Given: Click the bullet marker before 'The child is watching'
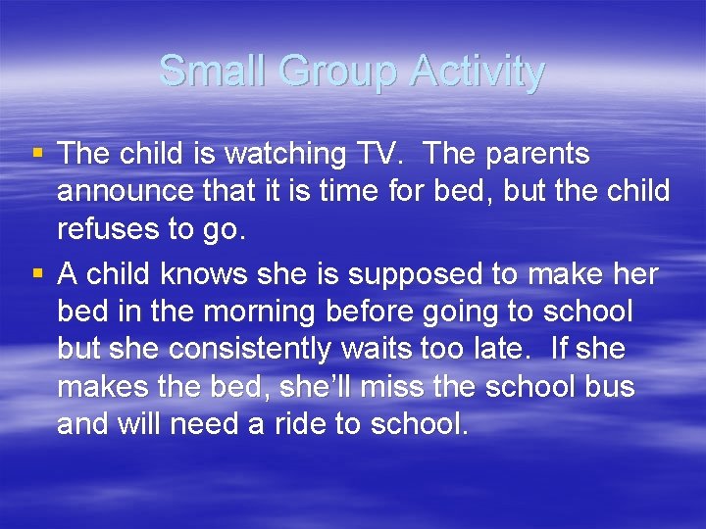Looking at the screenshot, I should pos(38,154).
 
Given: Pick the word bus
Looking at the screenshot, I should pos(610,388).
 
